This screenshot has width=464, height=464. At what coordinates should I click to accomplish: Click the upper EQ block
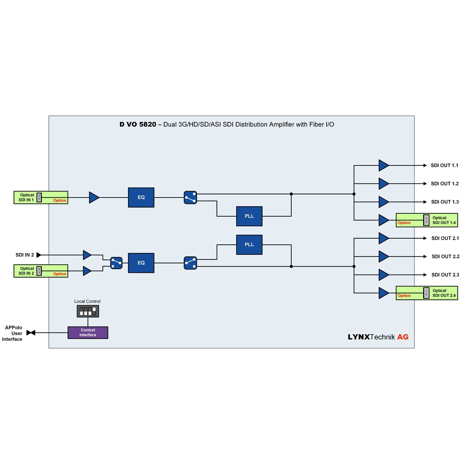coord(141,197)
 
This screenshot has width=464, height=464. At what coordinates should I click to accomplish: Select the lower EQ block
coord(141,263)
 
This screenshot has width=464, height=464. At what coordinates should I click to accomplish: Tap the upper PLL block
coord(249,216)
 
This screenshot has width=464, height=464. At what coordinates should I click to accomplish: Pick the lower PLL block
coord(249,245)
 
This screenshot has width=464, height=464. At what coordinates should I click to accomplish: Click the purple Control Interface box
coord(88,333)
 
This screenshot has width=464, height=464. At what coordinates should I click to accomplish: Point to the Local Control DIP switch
coord(88,311)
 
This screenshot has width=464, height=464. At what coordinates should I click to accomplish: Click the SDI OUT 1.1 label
coord(445,165)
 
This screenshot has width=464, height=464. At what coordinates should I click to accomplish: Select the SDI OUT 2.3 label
coord(445,275)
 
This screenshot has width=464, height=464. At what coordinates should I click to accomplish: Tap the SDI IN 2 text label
coord(25,255)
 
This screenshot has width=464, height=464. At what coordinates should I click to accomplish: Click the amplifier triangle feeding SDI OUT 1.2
coord(383,184)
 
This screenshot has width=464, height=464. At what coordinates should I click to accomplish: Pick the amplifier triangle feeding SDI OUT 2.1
coord(383,238)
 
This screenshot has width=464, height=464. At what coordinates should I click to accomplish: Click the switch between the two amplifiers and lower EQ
coord(116,263)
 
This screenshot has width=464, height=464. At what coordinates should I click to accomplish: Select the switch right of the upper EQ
coord(190,197)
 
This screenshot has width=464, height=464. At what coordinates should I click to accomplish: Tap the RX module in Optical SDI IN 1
coord(39,197)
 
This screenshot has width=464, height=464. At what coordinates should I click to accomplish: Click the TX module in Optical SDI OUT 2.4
coord(426,293)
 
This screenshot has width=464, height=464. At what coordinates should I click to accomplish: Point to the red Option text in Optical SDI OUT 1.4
coord(404,223)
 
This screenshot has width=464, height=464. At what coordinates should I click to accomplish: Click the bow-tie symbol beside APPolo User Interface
coord(31,333)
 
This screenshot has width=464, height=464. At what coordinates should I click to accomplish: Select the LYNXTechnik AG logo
coord(378,337)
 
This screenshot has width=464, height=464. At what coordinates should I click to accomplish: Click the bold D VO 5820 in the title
coord(138,124)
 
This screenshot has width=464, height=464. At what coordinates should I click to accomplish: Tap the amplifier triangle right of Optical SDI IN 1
coord(94,197)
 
